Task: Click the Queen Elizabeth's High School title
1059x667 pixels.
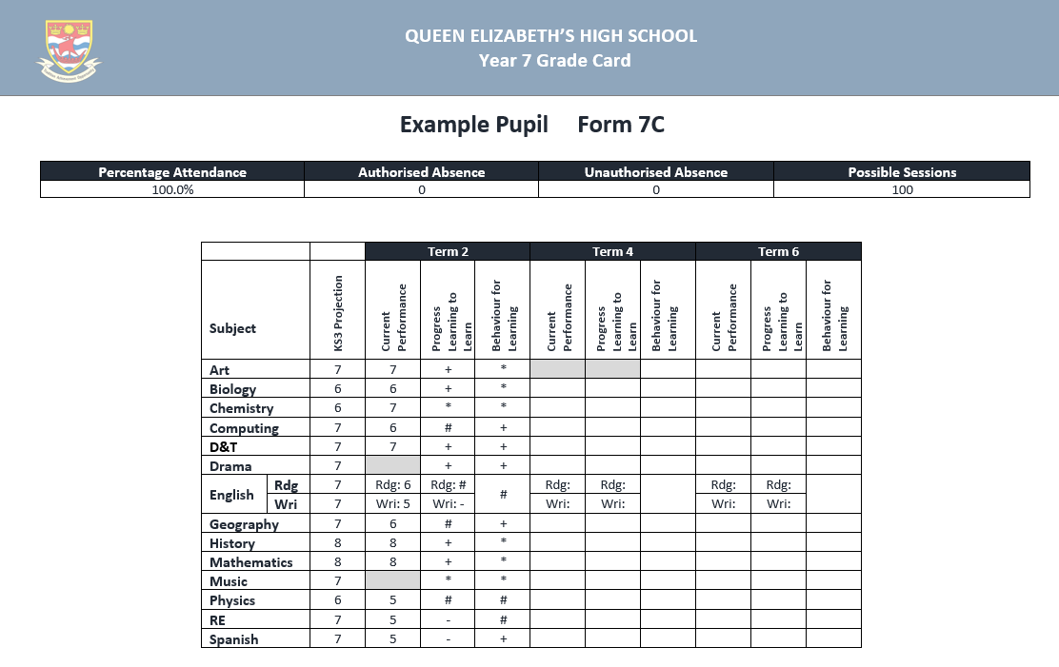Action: click(x=550, y=36)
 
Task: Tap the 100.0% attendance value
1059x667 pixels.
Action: click(x=172, y=189)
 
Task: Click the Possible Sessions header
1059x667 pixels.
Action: click(x=902, y=172)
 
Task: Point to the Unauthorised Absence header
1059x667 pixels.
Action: click(x=655, y=172)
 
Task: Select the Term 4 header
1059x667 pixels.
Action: click(x=612, y=251)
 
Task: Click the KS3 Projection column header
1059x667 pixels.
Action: click(x=337, y=310)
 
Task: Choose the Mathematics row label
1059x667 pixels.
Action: click(x=250, y=562)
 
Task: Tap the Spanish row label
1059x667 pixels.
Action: click(x=233, y=639)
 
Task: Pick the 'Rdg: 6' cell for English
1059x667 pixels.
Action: click(x=392, y=485)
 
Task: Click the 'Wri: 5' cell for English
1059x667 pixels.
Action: click(x=392, y=504)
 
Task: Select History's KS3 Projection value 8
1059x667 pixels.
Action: click(x=337, y=543)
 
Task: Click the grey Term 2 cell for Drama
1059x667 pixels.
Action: click(x=392, y=465)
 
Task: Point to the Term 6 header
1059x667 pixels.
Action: click(x=778, y=251)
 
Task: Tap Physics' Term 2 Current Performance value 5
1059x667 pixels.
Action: click(x=392, y=600)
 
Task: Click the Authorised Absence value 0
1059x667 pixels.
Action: click(x=421, y=189)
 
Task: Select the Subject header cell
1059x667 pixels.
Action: click(x=233, y=328)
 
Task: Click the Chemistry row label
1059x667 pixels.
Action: click(x=241, y=408)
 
